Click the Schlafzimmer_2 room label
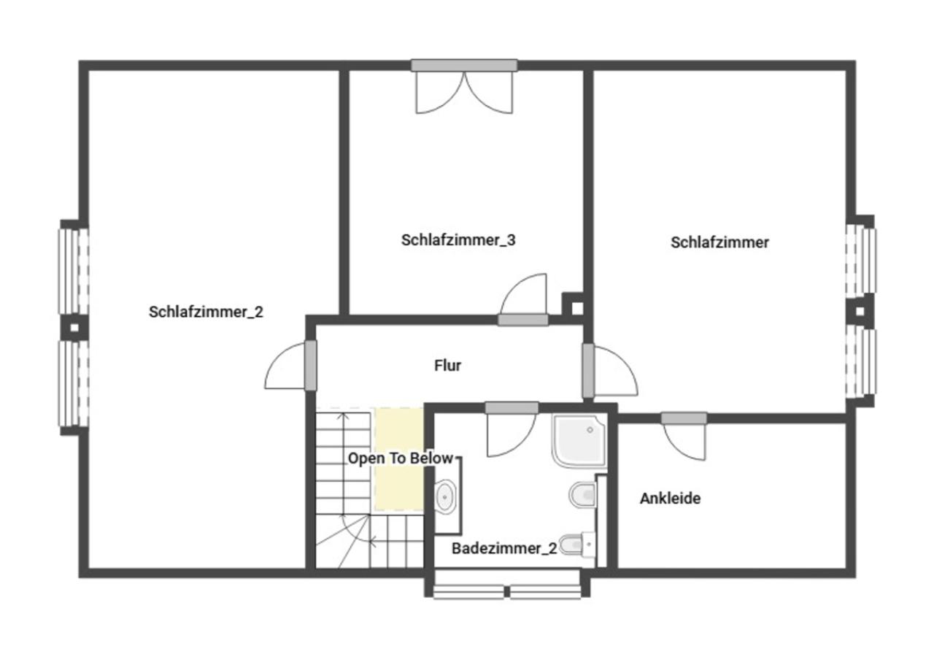pos(206,312)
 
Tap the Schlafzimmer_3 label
pos(458,240)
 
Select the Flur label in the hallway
pos(447,366)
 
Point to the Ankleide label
pos(670,498)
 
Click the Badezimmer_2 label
pos(504,548)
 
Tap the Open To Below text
pos(401,458)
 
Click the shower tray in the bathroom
pos(579,440)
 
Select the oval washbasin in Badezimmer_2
pos(445,496)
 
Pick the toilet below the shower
pos(583,495)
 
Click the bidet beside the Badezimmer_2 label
pos(576,544)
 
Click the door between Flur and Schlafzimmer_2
pos(290,366)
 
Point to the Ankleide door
pos(684,437)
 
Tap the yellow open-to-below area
pos(399,459)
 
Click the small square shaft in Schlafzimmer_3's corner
pos(576,308)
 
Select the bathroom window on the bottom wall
pos(507,591)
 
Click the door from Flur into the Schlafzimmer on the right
pos(610,370)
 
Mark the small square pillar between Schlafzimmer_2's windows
pos(74,328)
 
